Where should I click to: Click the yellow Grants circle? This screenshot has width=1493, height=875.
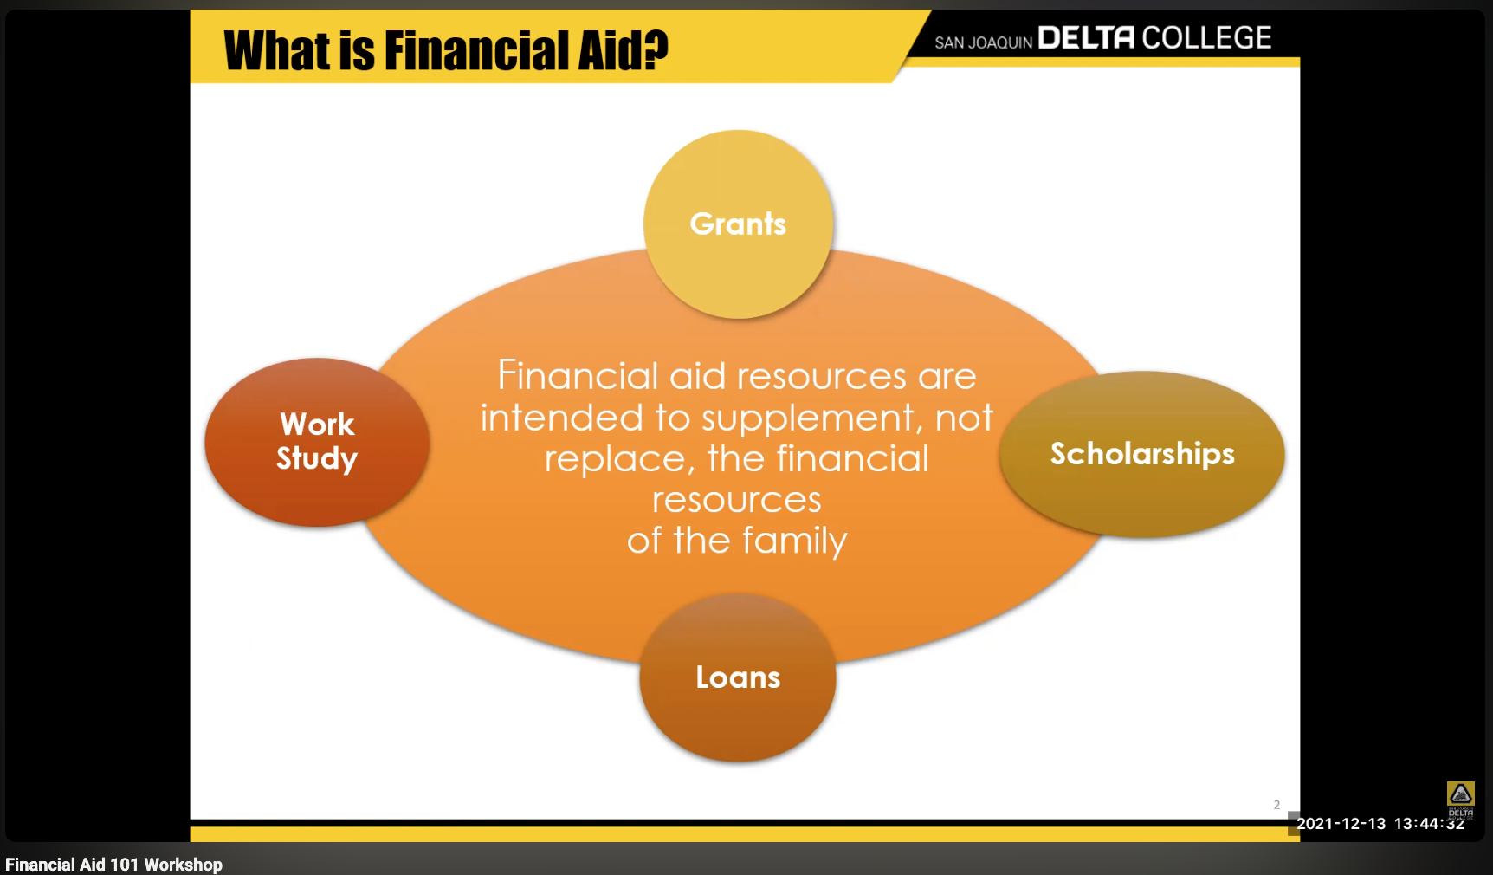click(738, 224)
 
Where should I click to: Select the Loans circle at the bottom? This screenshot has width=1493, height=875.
click(738, 677)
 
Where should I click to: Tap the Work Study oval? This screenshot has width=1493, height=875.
click(317, 442)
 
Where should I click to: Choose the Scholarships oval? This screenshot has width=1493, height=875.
click(1141, 454)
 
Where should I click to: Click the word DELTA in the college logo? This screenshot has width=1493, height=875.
click(1085, 38)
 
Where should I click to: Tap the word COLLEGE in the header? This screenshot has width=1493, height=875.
click(1206, 38)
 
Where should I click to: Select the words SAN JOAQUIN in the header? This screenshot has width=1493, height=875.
click(983, 42)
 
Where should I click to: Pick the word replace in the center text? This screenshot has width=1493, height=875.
click(615, 459)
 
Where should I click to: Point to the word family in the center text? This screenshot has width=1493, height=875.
click(794, 541)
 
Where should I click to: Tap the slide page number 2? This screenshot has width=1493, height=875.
click(1276, 805)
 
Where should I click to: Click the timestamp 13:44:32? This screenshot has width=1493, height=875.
click(1429, 824)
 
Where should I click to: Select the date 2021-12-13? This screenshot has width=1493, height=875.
click(1341, 824)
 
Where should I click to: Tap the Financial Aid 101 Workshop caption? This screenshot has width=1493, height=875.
click(113, 865)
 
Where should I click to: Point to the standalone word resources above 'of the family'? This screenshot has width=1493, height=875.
click(736, 500)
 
